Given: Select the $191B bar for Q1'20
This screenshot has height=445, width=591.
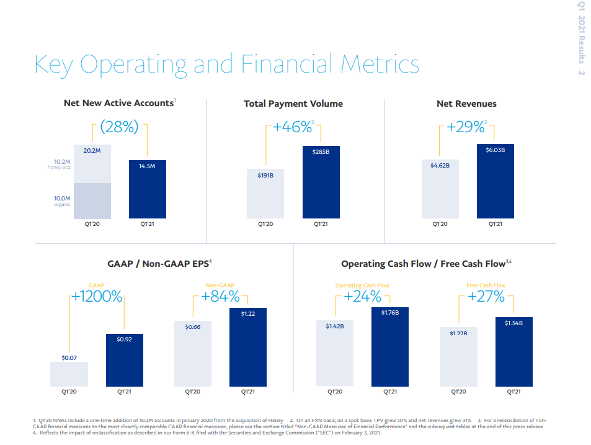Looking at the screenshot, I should [x=265, y=194].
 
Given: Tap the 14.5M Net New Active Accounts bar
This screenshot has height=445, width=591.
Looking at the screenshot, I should [x=147, y=189].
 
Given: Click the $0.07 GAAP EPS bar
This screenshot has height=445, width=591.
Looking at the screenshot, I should [x=69, y=374].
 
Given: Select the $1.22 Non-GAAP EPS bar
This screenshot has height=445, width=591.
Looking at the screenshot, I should [x=248, y=347].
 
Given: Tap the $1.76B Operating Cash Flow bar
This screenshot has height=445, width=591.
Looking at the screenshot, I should [x=390, y=347].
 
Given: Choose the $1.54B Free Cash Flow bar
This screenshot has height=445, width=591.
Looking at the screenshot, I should [x=513, y=351].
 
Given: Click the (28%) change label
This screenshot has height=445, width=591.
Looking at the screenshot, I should [x=119, y=127].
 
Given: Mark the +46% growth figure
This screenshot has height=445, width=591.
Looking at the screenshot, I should [x=293, y=127].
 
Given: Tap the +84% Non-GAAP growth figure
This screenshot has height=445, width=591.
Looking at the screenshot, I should [x=220, y=297].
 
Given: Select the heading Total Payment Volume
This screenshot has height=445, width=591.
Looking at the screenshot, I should [x=293, y=104].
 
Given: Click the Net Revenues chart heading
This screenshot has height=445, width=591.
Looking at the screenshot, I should [x=466, y=104].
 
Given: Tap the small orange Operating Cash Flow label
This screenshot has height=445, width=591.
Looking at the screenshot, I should [x=362, y=285].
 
